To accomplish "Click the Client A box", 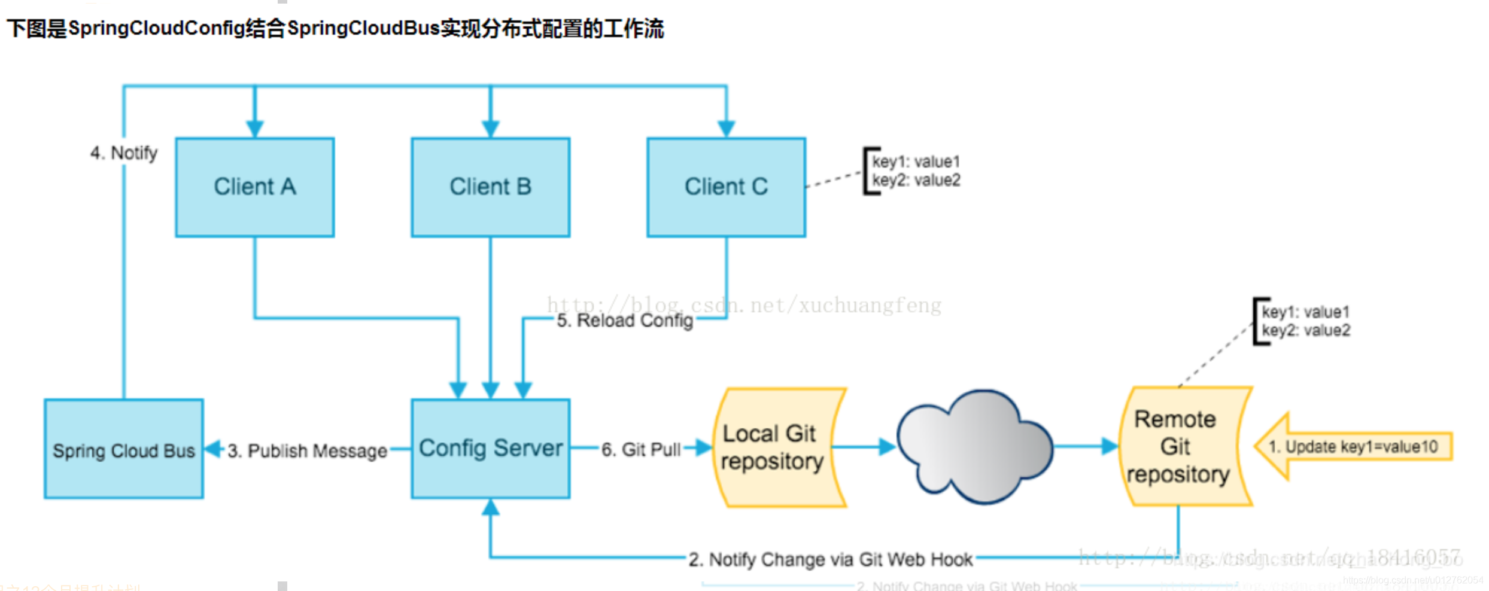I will (x=255, y=187).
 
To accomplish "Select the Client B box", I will (x=490, y=187).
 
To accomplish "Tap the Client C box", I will (x=726, y=187).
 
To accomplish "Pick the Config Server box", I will (x=490, y=449).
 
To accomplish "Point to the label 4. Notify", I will (x=124, y=153).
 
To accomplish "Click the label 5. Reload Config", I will (x=625, y=321).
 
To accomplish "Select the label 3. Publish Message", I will (x=307, y=451).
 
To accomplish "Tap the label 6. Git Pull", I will (x=640, y=450).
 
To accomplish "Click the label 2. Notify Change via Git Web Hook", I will (x=830, y=560).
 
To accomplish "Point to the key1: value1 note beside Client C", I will (x=916, y=162).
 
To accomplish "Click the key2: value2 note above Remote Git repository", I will (x=1306, y=331).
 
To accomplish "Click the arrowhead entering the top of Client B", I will (x=490, y=129).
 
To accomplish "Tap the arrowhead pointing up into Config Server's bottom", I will (x=490, y=507).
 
